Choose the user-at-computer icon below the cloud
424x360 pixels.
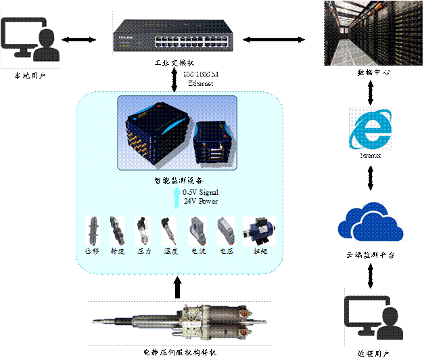pyautogui.click(x=373, y=317)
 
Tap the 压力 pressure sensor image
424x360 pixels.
pyautogui.click(x=143, y=231)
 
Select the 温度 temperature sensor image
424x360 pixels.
pyautogui.click(x=167, y=231)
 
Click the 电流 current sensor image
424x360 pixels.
pyautogui.click(x=197, y=231)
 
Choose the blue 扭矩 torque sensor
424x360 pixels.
pyautogui.click(x=257, y=231)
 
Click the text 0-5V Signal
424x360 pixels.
pyautogui.click(x=204, y=193)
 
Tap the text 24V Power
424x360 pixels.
pyautogui.click(x=202, y=201)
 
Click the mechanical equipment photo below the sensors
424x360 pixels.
pyautogui.click(x=180, y=323)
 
